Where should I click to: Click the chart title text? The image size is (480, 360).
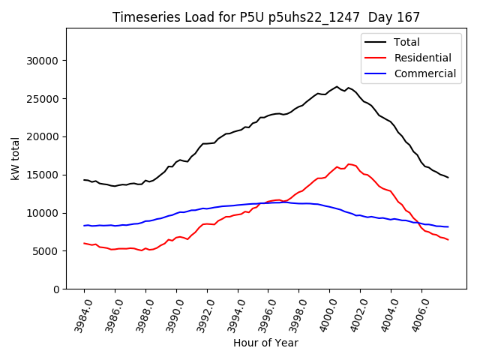click(266, 16)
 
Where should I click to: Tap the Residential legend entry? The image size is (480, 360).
click(422, 58)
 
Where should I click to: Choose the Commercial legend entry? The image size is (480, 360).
click(424, 73)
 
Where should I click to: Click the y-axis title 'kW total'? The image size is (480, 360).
click(16, 158)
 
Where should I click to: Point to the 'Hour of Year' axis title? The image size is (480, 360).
click(265, 343)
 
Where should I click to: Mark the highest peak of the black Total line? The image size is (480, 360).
click(337, 86)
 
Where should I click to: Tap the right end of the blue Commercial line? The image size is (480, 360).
click(448, 226)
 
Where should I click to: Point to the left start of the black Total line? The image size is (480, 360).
click(84, 180)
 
